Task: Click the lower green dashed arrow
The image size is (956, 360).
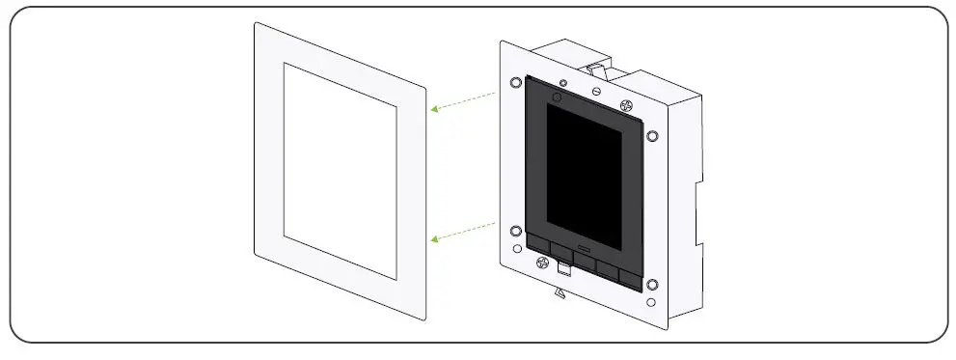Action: (x=462, y=231)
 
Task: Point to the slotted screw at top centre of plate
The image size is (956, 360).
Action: (x=597, y=91)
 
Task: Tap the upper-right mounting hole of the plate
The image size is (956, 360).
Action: (x=653, y=135)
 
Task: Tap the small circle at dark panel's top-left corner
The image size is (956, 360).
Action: (x=556, y=97)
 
